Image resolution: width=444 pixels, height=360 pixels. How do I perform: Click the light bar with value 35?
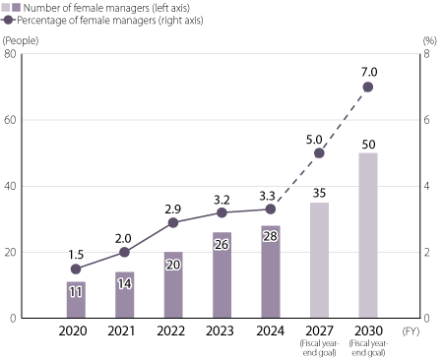[x=319, y=261]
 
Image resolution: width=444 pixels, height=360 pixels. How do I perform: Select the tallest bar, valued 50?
[x=368, y=236]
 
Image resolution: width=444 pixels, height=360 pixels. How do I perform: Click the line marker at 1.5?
[x=76, y=269]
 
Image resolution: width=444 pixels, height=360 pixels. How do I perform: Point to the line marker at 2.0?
[x=124, y=252]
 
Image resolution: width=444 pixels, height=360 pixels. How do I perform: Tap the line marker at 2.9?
[x=173, y=222]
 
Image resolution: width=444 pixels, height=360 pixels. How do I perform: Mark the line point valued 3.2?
[x=222, y=212]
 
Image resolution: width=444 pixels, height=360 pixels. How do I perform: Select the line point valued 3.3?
[x=271, y=209]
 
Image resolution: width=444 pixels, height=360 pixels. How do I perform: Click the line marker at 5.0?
[x=319, y=152]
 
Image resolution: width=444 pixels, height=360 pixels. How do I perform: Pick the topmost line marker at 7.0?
[x=368, y=87]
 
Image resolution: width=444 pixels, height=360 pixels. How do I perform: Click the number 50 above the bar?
[x=368, y=145]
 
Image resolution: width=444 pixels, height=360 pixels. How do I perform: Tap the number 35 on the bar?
[x=319, y=193]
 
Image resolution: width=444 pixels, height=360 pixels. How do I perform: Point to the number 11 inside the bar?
[x=76, y=292]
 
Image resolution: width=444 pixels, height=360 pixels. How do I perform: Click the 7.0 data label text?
[x=369, y=72]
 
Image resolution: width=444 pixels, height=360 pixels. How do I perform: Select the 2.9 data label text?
[x=173, y=209]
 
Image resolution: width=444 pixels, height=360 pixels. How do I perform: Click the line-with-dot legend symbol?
[x=9, y=20]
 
